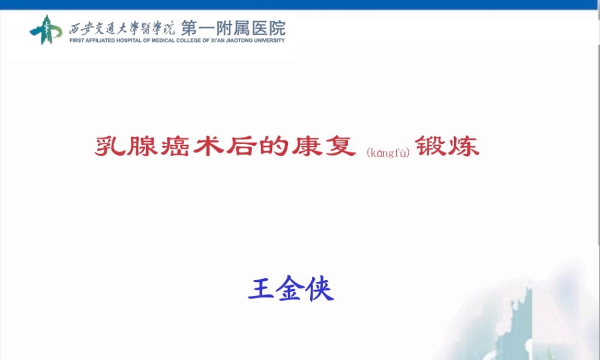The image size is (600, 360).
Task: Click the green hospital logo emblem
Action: pos(46,29)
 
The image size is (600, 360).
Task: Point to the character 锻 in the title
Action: pos(431,146)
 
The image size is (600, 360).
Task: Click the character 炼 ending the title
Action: pos(464,146)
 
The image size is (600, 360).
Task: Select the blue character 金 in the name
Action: pos(290,289)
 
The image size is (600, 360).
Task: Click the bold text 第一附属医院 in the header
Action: pos(233,28)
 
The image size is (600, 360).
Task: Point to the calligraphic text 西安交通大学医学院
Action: pos(122,28)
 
